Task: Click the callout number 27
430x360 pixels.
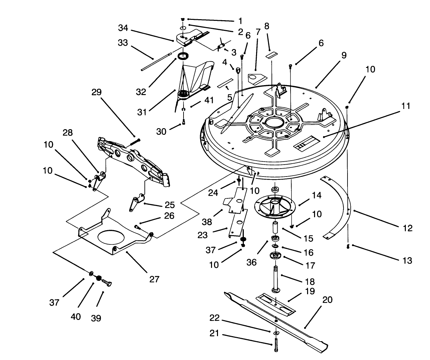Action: pos(154,279)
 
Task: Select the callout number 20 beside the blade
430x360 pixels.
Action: pos(327,300)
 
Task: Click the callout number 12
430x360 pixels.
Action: pos(408,228)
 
